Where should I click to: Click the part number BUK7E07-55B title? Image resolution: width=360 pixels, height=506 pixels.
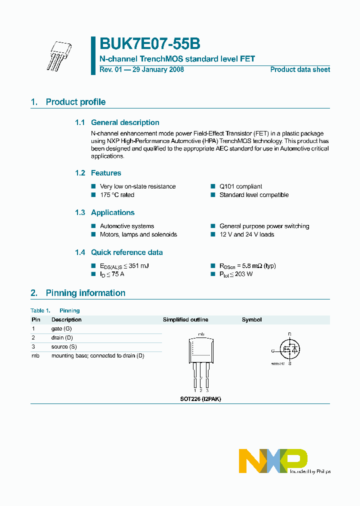point(150,44)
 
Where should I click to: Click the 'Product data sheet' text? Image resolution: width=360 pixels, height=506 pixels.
point(300,69)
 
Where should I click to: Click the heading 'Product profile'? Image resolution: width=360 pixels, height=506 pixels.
point(75,102)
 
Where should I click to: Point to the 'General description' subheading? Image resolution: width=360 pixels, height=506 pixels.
point(125,122)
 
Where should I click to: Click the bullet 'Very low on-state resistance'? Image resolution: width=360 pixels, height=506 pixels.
point(137,186)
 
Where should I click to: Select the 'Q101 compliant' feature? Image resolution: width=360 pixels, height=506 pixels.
point(240,186)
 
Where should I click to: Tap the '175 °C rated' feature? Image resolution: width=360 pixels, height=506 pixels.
point(117,195)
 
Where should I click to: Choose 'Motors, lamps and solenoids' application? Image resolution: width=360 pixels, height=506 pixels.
point(138,234)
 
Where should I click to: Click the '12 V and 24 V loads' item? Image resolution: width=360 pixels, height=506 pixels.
point(246,234)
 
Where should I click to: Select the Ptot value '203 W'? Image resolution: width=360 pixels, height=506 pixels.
point(242,274)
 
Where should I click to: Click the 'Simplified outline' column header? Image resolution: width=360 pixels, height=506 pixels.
point(185,319)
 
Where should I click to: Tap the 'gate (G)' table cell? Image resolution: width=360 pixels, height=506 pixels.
point(61,328)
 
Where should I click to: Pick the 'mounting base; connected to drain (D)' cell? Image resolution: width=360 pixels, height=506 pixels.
point(97,355)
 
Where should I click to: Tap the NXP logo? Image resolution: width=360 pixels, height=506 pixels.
point(272,460)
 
